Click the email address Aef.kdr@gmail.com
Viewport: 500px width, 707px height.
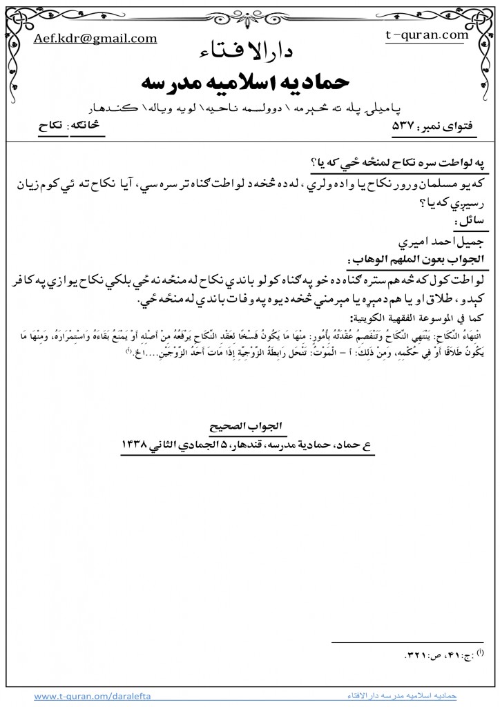tap(95, 39)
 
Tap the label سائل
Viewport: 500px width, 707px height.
tap(470, 220)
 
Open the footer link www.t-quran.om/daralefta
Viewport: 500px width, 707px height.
tap(86, 696)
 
